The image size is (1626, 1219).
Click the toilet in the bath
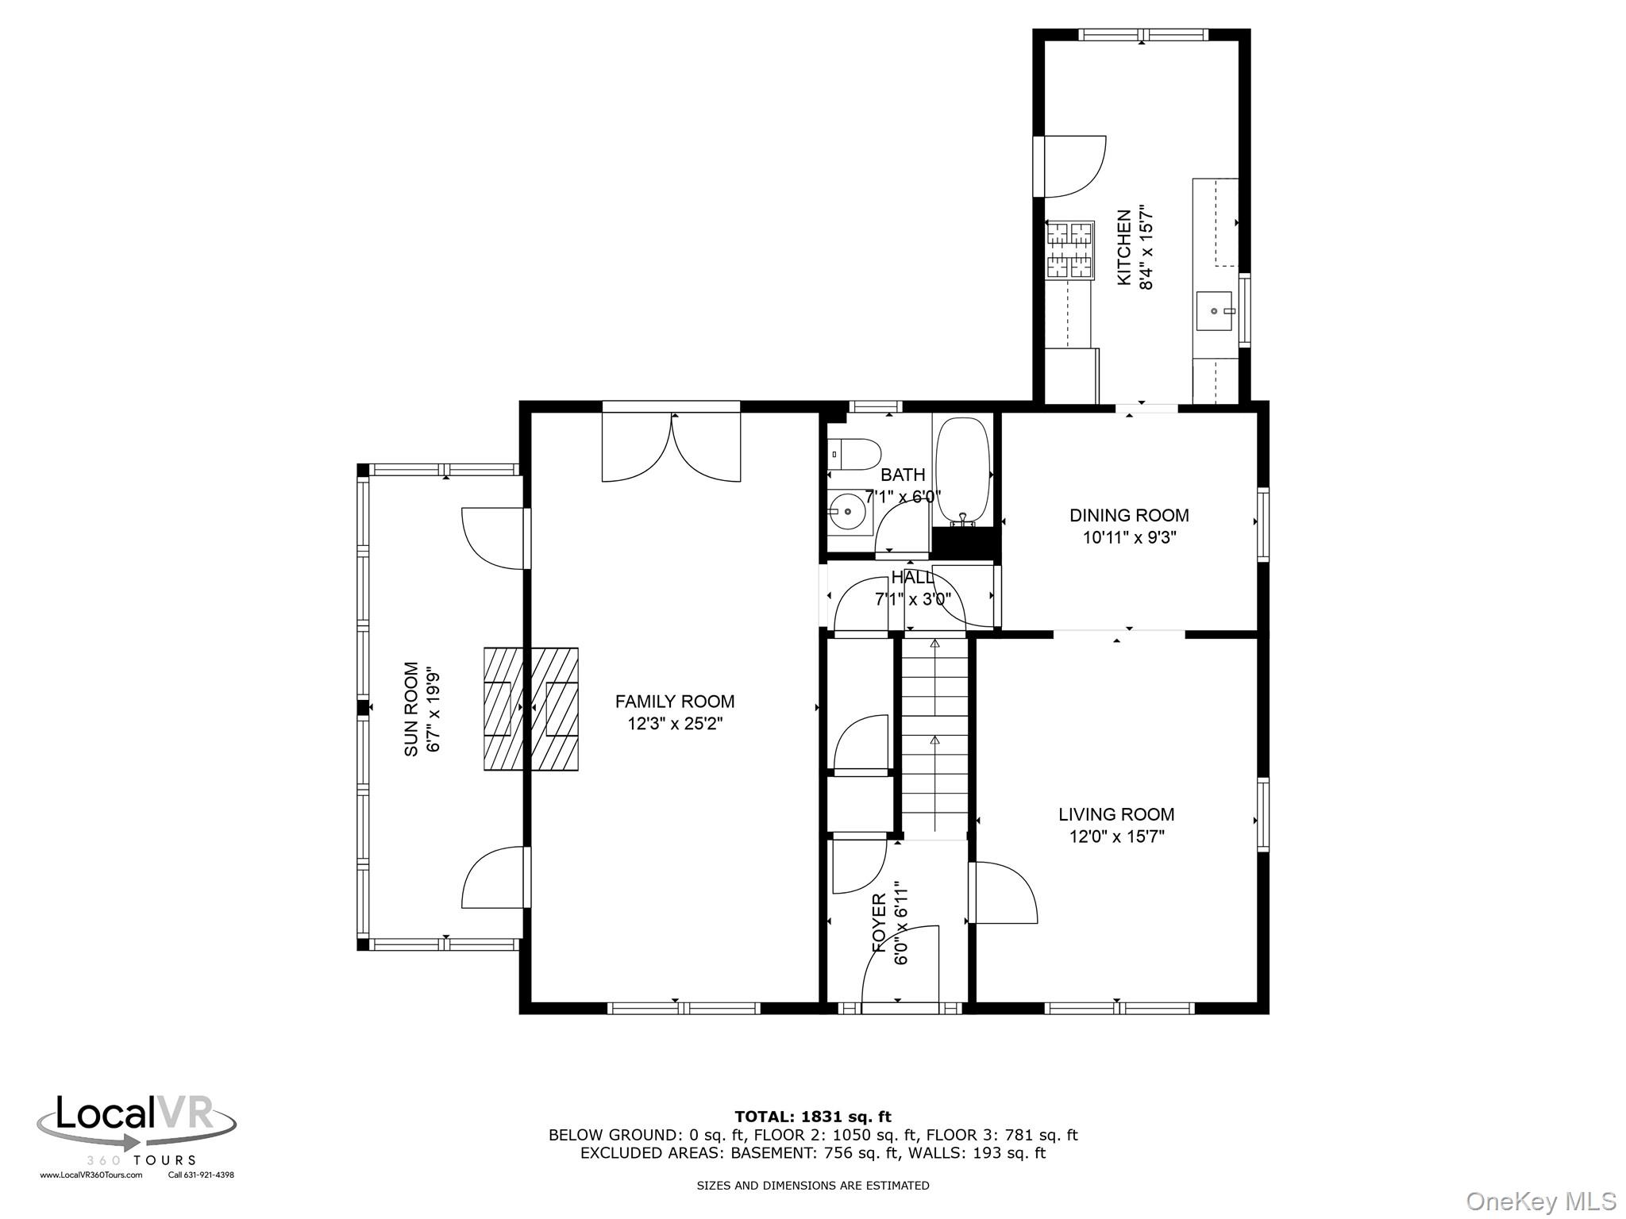pos(854,456)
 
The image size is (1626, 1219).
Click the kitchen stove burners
pos(1069,250)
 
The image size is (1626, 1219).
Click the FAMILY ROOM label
pos(675,702)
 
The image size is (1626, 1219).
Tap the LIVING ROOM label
pos(1116,814)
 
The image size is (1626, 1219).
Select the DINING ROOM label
pos(1129,515)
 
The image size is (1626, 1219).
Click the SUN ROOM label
pos(411,709)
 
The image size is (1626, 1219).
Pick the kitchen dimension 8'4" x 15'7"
pos(1146,248)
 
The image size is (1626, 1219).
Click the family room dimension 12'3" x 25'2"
pos(675,724)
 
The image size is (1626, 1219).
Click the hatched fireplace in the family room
pos(531,709)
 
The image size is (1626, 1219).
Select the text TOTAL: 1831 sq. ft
pos(813,1117)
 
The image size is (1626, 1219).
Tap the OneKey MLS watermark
pos(1541,1202)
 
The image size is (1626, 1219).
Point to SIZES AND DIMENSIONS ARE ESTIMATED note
pos(813,1186)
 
